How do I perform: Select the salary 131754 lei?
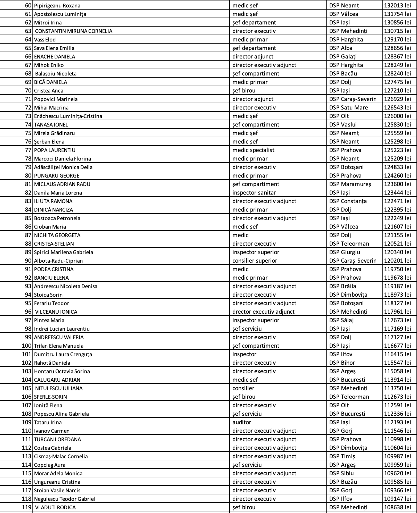397,14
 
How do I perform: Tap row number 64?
28,40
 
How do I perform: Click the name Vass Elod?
45,40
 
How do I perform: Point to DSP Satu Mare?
348,108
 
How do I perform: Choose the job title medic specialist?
253,150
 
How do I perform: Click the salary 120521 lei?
397,244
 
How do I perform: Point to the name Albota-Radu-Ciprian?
58,261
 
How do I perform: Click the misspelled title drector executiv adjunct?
263,312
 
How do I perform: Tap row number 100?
27,346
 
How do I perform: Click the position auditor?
241,422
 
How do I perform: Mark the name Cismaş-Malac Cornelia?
61,456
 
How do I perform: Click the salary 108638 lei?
397,507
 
